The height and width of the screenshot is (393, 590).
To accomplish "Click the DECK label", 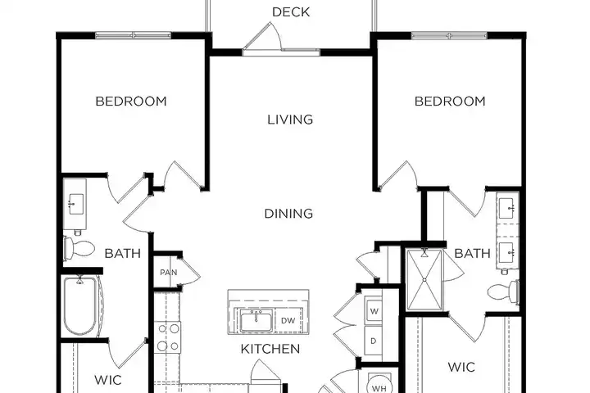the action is point(291,12).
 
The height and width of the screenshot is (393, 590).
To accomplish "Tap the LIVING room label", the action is point(290,120).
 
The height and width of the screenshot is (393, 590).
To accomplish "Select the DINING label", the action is point(288,214).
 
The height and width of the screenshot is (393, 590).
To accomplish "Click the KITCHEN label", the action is point(270,349).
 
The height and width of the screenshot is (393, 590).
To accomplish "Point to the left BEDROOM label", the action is point(131,102).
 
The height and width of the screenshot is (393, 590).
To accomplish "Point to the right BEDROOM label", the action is point(450,102).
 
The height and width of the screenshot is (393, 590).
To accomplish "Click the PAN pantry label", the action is point(168,273).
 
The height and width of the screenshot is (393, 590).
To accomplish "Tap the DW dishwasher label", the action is point(288,321).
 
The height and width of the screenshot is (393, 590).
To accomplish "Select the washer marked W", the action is point(374,311).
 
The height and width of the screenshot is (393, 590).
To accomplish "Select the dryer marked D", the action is point(374,341).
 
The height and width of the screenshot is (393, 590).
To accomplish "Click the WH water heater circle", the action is point(379,386).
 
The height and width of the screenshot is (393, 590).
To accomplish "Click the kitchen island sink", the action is point(256,322).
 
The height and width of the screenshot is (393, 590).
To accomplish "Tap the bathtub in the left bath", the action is point(81,305).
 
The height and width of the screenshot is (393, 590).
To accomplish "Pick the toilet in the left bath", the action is point(79,248).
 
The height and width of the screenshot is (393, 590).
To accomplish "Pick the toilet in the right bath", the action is point(503,291).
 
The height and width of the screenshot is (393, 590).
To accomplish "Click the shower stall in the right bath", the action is point(424,280).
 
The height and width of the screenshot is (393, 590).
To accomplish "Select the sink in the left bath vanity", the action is point(75,204).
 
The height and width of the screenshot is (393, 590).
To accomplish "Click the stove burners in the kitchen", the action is point(168,337).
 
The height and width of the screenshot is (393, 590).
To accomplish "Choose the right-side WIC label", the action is point(461,367).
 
